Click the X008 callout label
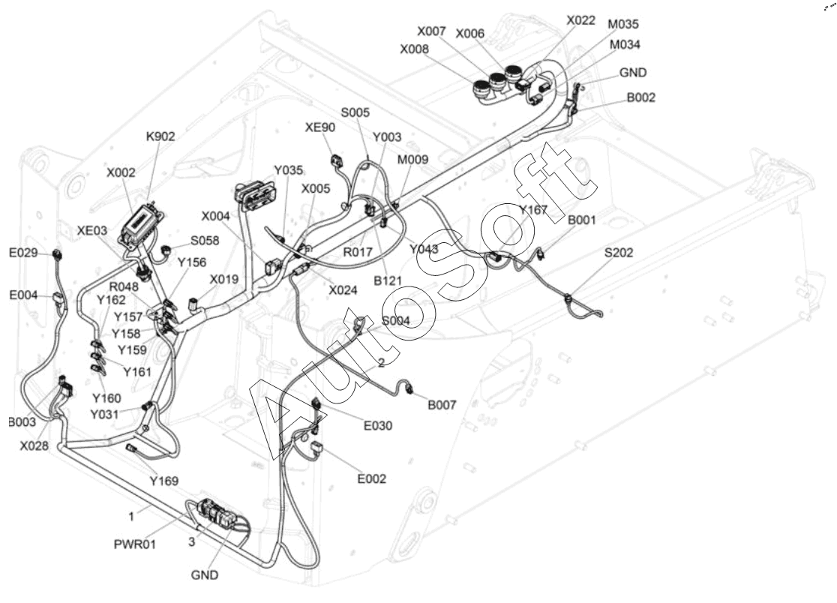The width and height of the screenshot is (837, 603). point(415,49)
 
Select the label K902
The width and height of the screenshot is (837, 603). point(160,136)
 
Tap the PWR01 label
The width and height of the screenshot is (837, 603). point(136,544)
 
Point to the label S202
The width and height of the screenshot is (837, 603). point(619,253)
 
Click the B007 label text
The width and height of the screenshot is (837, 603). point(442,405)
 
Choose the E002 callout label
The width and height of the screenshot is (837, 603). point(372,479)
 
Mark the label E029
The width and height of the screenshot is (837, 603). point(23,253)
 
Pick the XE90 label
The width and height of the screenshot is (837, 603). point(320,127)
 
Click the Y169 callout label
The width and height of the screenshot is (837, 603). point(164,481)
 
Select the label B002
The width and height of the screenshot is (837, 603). point(641,97)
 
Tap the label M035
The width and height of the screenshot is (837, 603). point(623,25)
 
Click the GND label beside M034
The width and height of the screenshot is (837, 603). point(633,73)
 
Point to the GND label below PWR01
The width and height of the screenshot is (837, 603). point(205,575)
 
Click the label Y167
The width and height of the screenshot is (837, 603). point(533,209)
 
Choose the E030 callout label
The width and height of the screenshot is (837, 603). point(378,425)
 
